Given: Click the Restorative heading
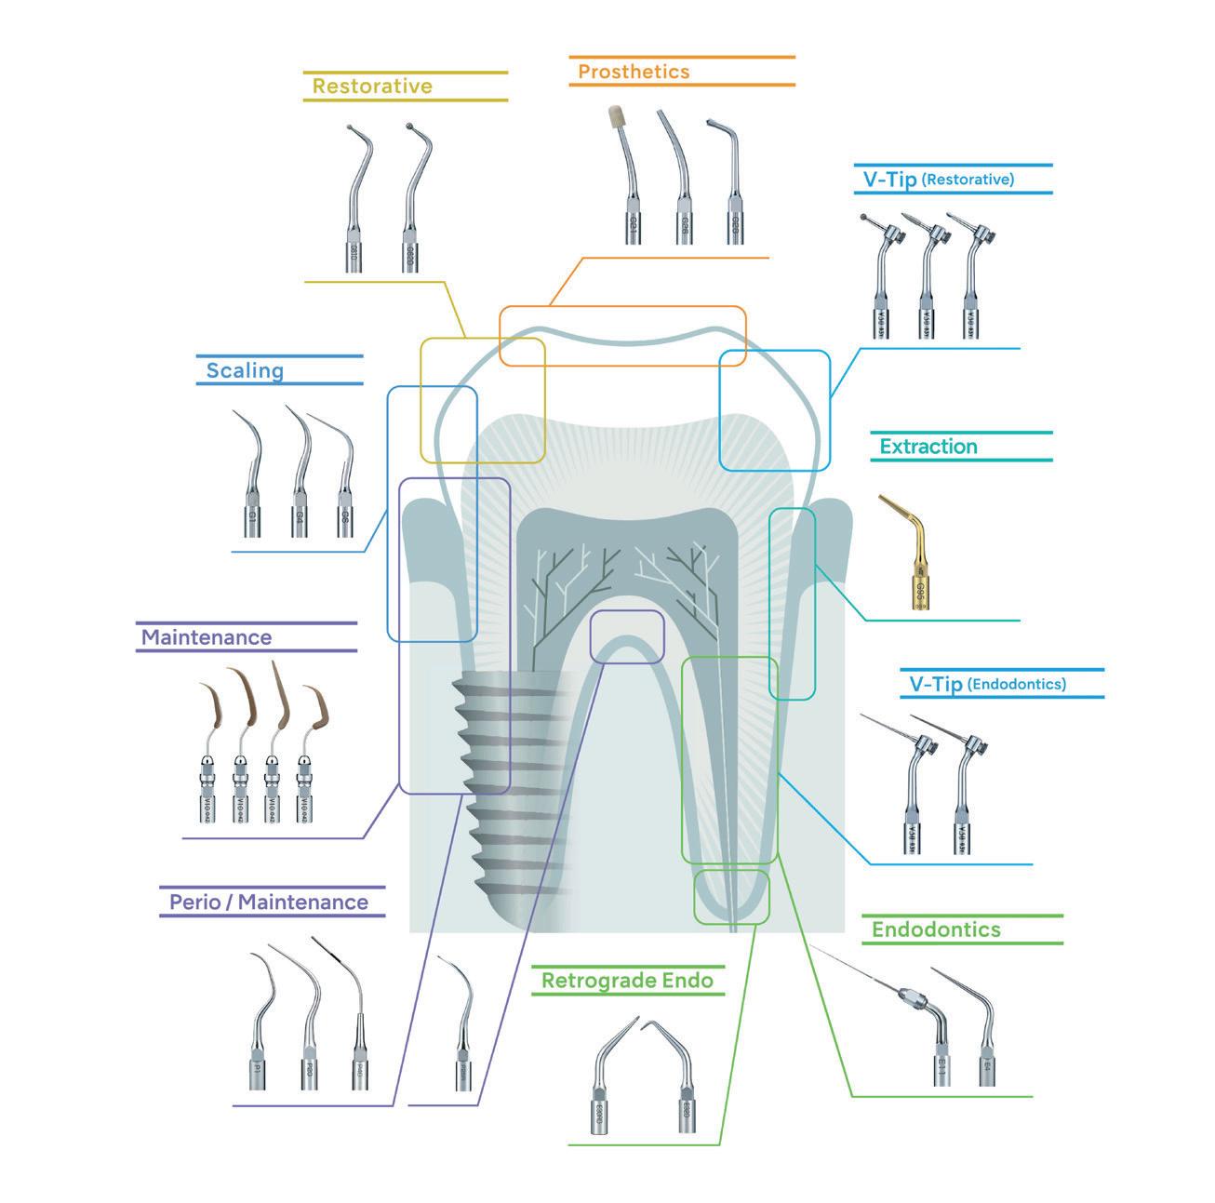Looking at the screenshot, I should point(372,87).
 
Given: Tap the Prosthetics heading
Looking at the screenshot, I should point(634,72).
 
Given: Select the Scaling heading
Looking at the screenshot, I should point(245,370).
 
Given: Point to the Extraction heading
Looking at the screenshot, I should point(928,447).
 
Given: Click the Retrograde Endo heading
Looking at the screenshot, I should point(627,981).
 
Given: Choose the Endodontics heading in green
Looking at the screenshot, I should point(936,929).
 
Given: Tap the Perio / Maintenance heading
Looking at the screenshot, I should point(269,902).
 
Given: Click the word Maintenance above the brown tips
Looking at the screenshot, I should point(207,638).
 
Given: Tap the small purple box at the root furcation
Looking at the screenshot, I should point(628,636).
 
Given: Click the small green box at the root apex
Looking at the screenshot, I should point(732,896).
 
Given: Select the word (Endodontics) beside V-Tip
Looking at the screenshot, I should point(1017,684).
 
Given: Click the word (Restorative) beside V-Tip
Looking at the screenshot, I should point(968,180).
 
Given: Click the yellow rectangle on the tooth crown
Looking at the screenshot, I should point(482,400).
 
